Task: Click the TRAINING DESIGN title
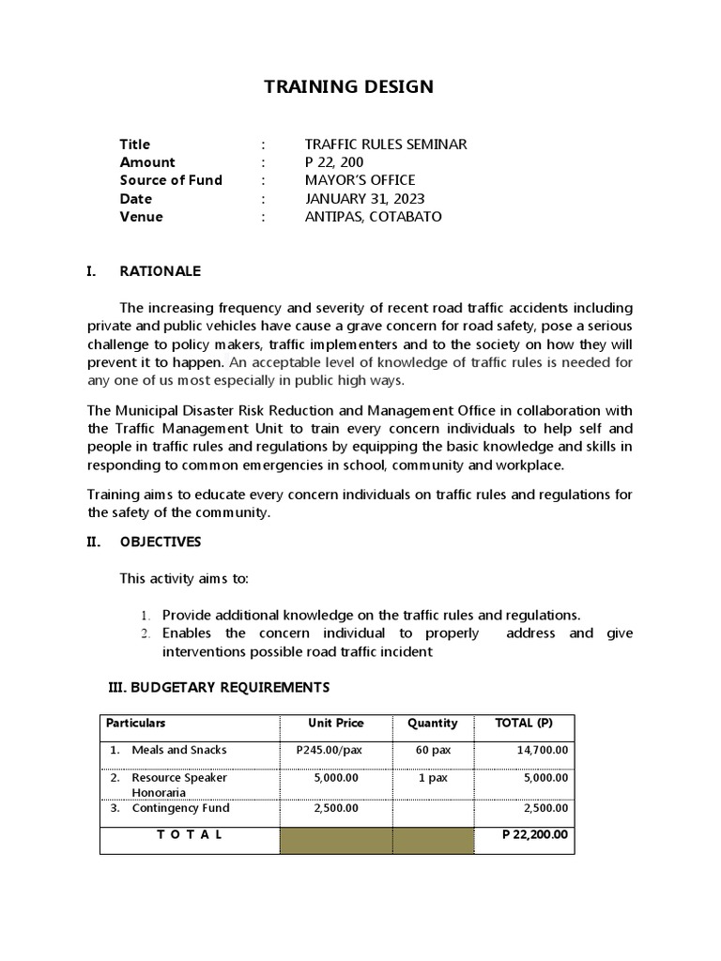[348, 87]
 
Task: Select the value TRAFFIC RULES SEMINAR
[385, 145]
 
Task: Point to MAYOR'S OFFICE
[360, 180]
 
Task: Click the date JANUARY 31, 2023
[364, 199]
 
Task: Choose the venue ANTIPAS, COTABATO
[373, 217]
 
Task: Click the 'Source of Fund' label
[171, 180]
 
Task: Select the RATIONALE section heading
[160, 272]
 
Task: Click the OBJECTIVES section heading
[160, 542]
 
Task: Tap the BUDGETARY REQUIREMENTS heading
[220, 688]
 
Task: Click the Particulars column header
[136, 724]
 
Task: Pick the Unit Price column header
[336, 724]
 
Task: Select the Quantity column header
[432, 724]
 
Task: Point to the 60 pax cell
[432, 751]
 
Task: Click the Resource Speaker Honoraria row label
[179, 785]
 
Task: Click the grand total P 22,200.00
[535, 834]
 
